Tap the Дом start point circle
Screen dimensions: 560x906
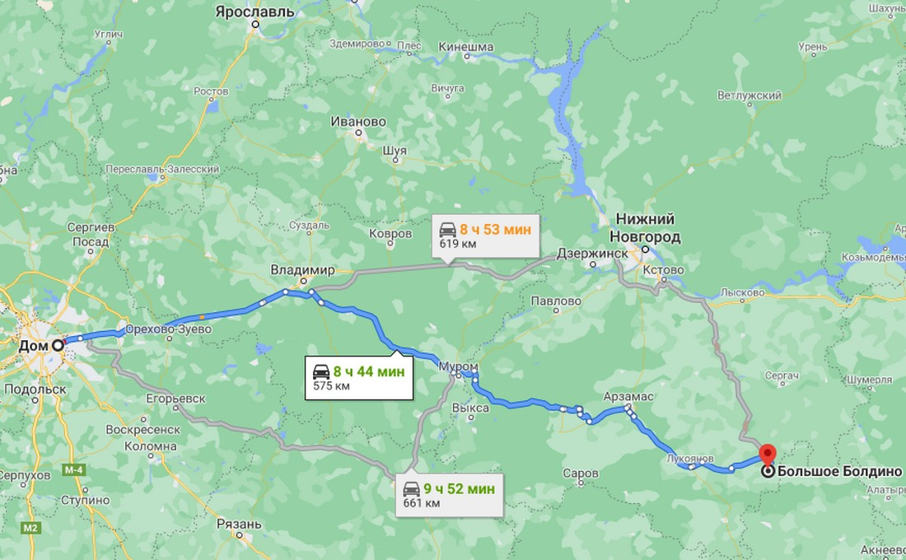[58, 346]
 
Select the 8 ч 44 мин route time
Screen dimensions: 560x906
[368, 371]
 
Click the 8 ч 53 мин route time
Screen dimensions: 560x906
[495, 229]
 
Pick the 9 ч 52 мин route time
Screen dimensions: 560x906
[460, 489]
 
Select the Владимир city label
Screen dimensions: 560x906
[303, 270]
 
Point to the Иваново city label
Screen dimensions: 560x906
[357, 122]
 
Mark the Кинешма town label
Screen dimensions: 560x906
[466, 48]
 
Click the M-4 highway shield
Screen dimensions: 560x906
[74, 470]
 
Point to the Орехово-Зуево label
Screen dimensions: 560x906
[171, 329]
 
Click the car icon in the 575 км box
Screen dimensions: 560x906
[320, 371]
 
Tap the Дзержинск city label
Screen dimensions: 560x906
[591, 254]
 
